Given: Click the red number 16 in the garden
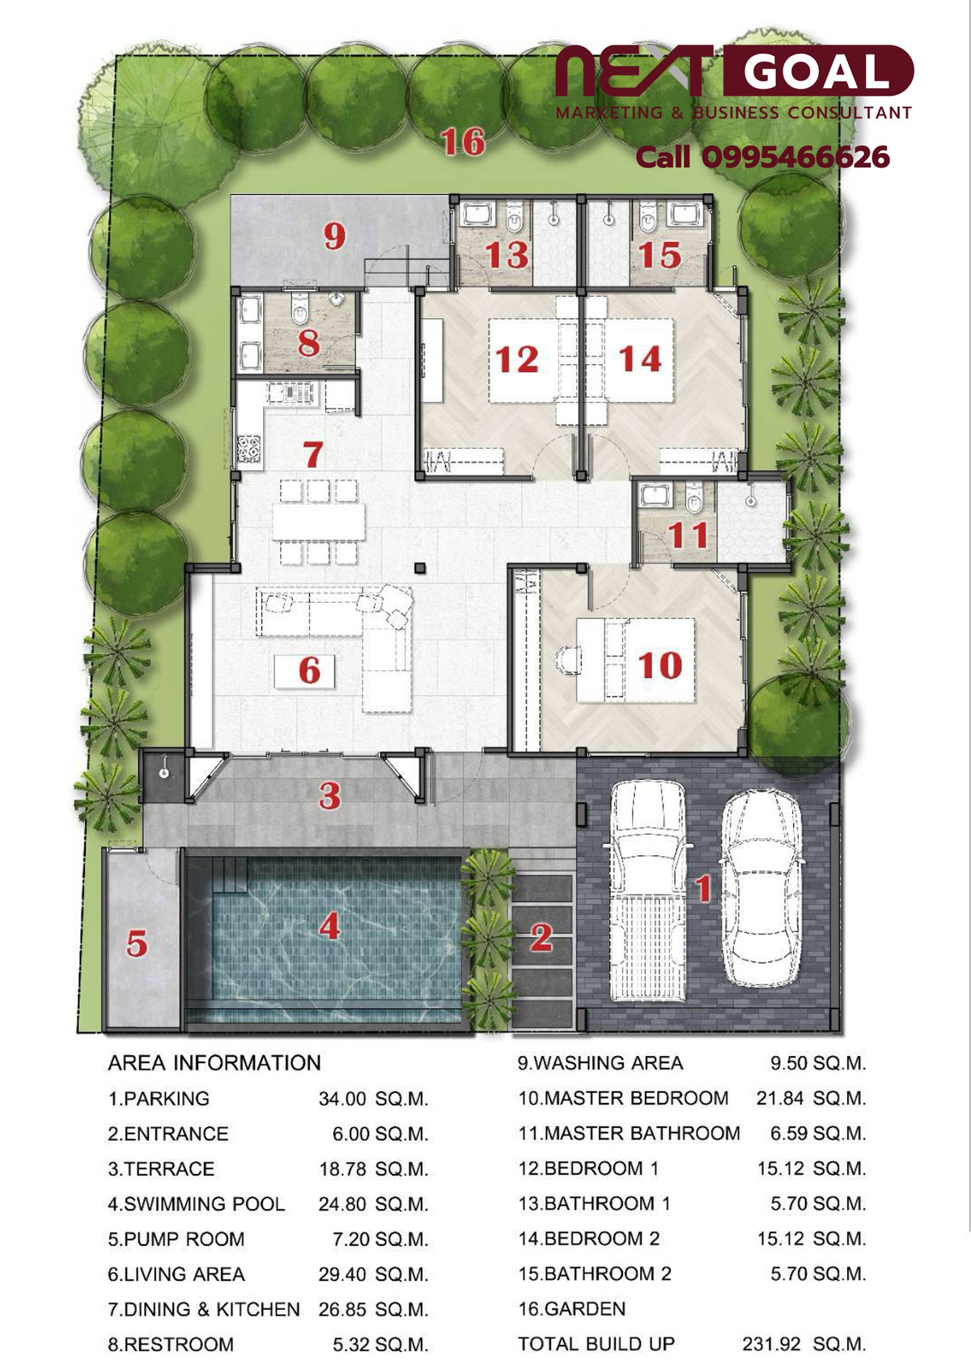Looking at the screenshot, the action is click(463, 141).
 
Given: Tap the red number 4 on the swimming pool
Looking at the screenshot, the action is click(329, 927).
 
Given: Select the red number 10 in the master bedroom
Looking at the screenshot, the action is click(660, 665).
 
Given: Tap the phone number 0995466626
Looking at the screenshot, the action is click(795, 158).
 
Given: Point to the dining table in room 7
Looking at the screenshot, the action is click(319, 521).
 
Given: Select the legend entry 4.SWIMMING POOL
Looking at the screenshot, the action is click(196, 1204).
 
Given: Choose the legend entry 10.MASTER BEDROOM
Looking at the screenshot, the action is click(623, 1098).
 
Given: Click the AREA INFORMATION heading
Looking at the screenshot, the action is click(214, 1063).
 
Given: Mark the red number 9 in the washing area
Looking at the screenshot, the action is click(334, 236).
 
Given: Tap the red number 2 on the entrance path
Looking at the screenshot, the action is click(541, 936).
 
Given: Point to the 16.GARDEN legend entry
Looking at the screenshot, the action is click(571, 1308).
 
